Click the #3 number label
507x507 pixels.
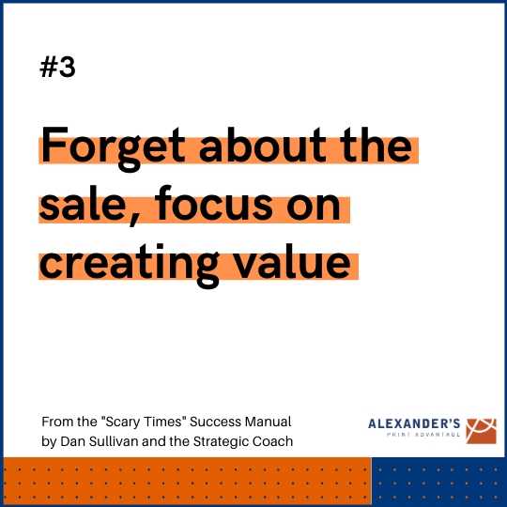click(x=57, y=67)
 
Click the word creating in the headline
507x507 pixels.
click(x=130, y=266)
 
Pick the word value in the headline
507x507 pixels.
click(x=293, y=261)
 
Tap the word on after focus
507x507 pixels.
click(x=314, y=207)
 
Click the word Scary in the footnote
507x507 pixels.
click(x=123, y=422)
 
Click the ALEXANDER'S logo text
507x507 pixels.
click(x=414, y=423)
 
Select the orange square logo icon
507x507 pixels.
click(x=481, y=431)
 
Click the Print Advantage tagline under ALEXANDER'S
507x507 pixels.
click(x=423, y=435)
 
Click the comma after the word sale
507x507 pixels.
click(x=133, y=221)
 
